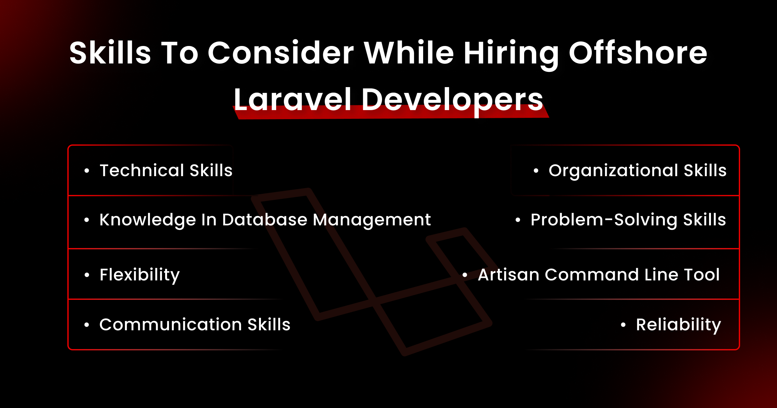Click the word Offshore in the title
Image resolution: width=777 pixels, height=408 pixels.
[x=638, y=53]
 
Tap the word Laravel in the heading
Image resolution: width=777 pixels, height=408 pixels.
[x=292, y=99]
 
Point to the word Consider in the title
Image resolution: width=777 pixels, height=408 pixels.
[x=281, y=53]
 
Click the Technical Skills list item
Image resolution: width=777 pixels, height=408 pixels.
[x=166, y=170]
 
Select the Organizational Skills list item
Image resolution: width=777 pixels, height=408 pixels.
[x=637, y=171]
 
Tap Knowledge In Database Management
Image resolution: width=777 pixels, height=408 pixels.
[x=265, y=220]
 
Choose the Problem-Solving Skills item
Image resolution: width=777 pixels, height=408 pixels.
[x=628, y=220]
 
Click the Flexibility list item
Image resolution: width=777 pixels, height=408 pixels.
[x=140, y=275]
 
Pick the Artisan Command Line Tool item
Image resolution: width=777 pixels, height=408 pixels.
[x=599, y=275]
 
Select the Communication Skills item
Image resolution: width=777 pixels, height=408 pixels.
[x=195, y=324]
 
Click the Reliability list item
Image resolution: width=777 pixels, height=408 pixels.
[x=678, y=325]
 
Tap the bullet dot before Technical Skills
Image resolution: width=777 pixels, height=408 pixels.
[x=86, y=171]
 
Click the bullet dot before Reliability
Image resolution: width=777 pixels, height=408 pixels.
[x=623, y=325]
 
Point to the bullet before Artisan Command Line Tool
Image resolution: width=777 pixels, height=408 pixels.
[x=465, y=275]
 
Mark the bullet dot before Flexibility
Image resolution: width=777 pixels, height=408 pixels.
[x=86, y=275]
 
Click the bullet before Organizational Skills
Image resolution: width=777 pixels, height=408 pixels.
[x=536, y=171]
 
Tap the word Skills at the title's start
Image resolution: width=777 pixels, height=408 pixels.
[x=110, y=53]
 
